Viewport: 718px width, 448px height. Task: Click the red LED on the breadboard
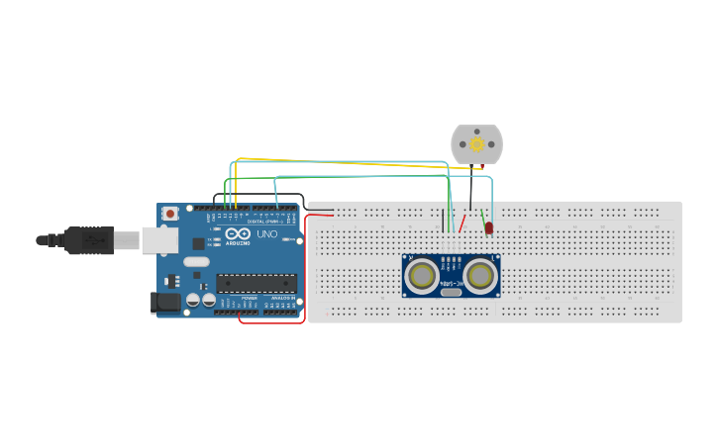pos(489,229)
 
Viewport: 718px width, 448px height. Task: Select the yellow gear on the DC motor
pos(476,144)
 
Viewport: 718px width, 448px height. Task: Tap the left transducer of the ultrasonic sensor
pos(422,274)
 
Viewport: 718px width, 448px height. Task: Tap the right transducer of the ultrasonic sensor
pos(481,274)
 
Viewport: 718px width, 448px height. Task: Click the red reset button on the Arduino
pos(171,213)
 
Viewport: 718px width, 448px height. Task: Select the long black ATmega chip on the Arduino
pos(256,283)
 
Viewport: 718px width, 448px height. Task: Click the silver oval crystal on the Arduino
pos(196,262)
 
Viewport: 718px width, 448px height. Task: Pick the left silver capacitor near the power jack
pos(194,300)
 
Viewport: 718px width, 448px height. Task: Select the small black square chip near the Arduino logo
pos(198,242)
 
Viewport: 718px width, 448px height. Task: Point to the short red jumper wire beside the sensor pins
pos(462,221)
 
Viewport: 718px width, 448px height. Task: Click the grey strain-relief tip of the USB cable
pos(43,240)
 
